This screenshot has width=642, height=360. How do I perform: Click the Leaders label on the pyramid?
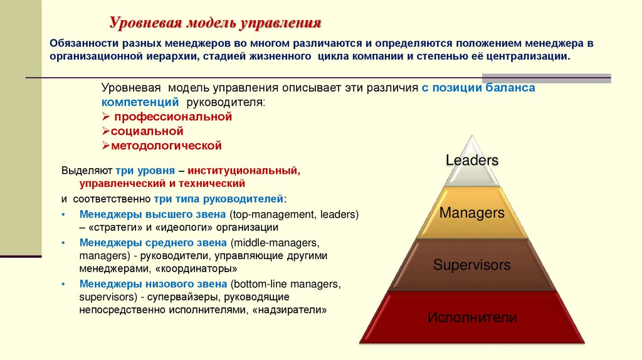point(472,160)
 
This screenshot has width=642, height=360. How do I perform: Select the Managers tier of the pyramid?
point(472,213)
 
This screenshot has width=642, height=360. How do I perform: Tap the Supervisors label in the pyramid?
point(472,265)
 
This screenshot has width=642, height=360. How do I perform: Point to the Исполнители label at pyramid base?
point(472,317)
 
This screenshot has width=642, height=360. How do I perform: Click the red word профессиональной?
point(172,117)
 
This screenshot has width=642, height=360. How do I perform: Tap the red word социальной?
point(147,131)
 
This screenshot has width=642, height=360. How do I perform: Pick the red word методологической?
point(166,146)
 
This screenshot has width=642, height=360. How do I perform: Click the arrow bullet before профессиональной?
point(105,117)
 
